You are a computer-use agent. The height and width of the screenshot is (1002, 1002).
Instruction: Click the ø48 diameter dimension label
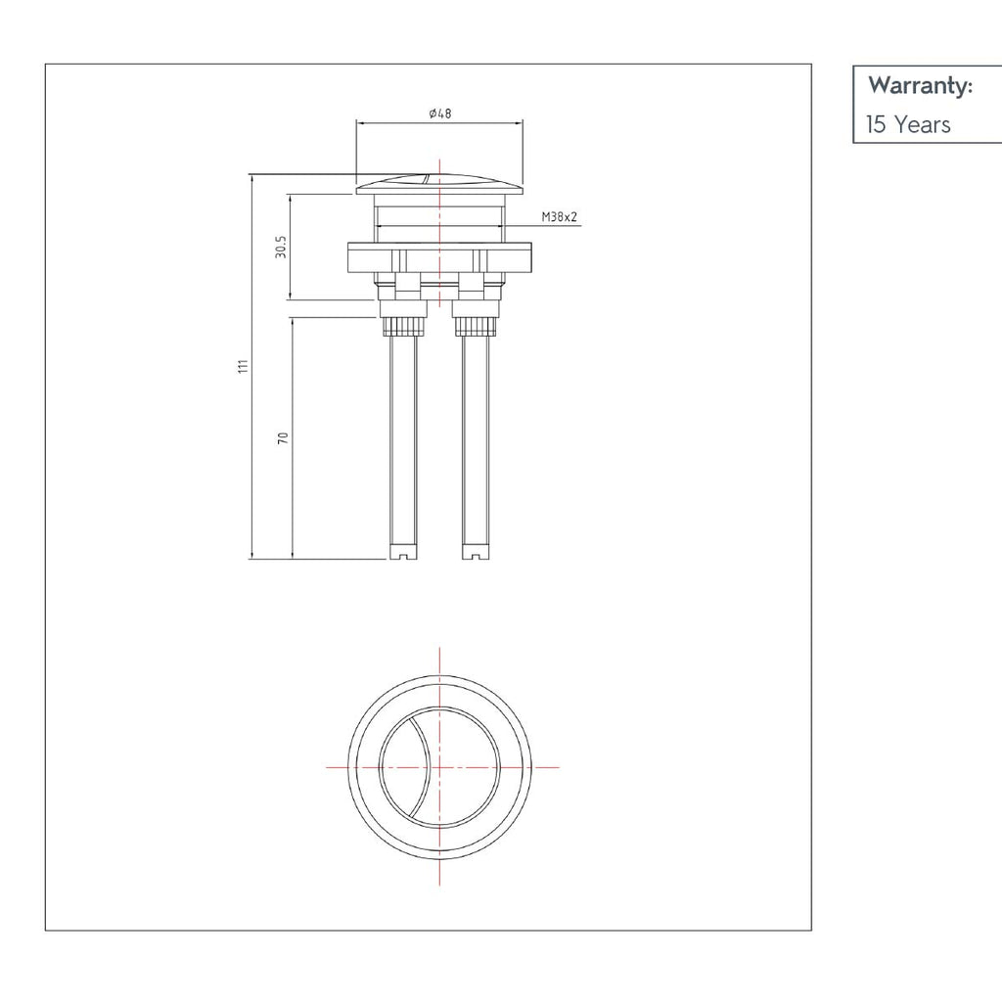click(439, 114)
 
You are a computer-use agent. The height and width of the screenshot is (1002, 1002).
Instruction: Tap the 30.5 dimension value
click(280, 247)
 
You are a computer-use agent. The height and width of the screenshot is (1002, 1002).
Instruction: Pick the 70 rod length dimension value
click(284, 437)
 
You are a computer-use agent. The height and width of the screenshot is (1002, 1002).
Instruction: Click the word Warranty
click(920, 86)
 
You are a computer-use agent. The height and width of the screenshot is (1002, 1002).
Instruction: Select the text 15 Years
click(907, 124)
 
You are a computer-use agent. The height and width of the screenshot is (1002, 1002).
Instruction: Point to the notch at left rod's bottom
click(402, 557)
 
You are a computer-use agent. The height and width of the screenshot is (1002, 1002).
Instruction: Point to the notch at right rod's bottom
click(477, 557)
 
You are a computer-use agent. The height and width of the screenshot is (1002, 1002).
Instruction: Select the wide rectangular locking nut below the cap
click(439, 258)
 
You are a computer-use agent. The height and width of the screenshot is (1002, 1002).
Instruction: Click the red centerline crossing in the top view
click(440, 766)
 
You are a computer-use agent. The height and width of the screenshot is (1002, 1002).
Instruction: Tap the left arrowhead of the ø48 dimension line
click(358, 123)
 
